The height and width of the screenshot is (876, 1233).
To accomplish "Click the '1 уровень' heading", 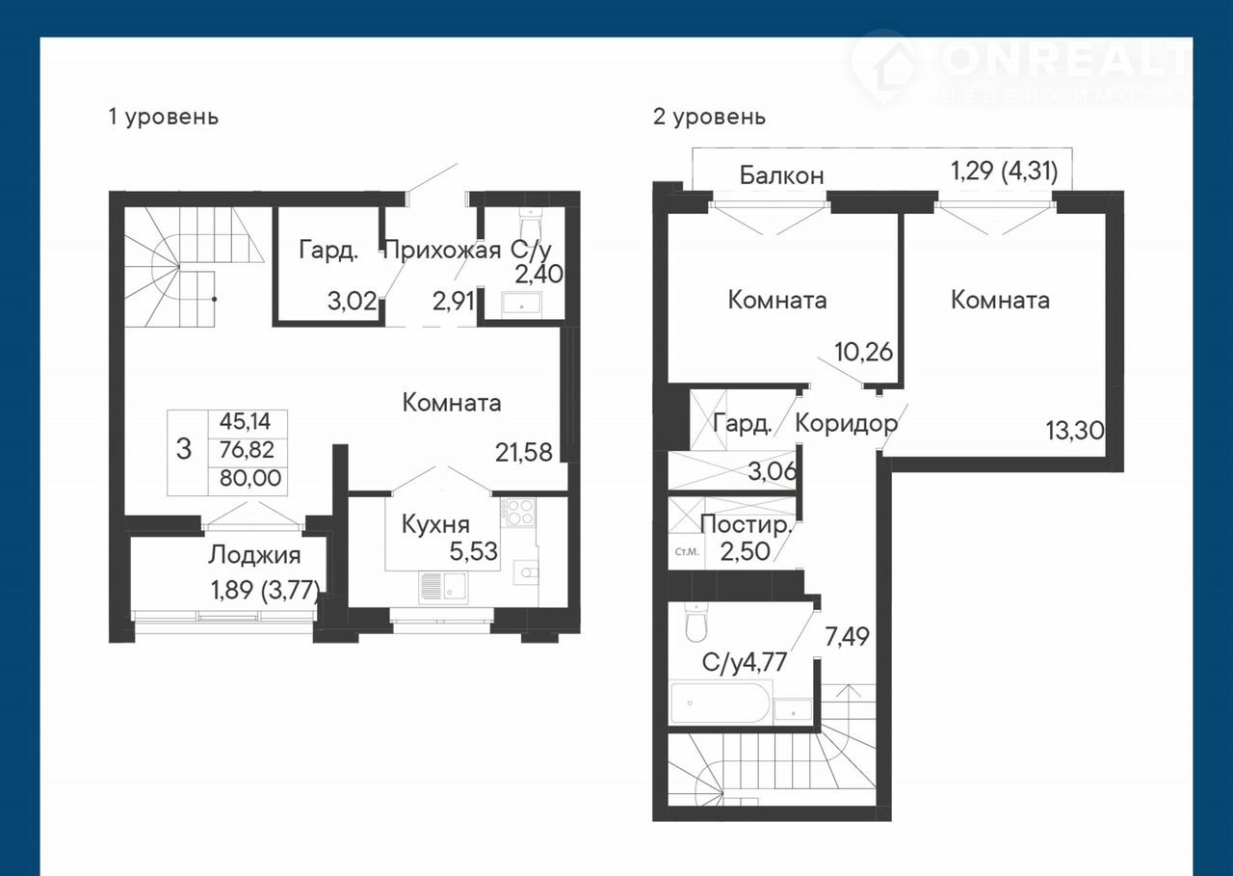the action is click(x=164, y=118).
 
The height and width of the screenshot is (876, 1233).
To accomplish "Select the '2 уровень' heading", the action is click(x=709, y=118).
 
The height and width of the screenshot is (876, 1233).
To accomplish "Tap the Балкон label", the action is click(x=781, y=175).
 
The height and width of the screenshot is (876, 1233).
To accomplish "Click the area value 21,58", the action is click(x=523, y=453).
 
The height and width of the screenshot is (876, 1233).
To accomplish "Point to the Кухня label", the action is click(x=435, y=524).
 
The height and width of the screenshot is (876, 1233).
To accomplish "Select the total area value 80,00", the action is click(x=250, y=478).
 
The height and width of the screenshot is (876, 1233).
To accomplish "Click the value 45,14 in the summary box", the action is click(x=246, y=422).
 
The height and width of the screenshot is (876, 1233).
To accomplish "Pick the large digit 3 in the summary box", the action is click(x=184, y=449).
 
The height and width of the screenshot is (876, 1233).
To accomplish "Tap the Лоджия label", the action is click(x=254, y=555).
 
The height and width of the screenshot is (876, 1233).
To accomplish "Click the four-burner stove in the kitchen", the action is click(x=520, y=512).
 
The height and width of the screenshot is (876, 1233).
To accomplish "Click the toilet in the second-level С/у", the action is click(x=695, y=623).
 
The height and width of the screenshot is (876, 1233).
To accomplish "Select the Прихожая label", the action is click(x=442, y=251).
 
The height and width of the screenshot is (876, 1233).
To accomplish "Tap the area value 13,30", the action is click(x=1075, y=431).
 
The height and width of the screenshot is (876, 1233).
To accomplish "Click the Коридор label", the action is click(x=847, y=423).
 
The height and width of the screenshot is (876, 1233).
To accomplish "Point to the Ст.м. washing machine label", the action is click(x=687, y=551).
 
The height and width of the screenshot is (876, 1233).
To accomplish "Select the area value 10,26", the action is click(x=864, y=352).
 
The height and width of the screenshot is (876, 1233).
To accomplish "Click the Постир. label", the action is click(x=746, y=524).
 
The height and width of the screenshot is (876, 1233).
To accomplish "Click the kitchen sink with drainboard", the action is click(x=443, y=588).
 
